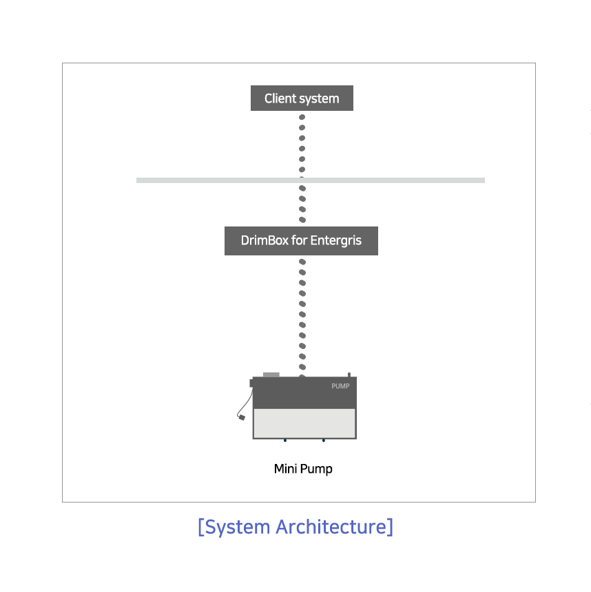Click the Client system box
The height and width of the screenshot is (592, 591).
click(302, 98)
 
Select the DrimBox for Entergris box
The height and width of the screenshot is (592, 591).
click(301, 241)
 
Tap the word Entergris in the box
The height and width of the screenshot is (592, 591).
click(336, 241)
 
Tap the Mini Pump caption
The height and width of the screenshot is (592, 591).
click(303, 469)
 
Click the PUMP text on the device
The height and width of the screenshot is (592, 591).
click(340, 386)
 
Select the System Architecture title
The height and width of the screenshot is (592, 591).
click(295, 527)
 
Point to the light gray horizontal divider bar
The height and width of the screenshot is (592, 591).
click(311, 180)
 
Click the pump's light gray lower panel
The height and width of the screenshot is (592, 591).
click(304, 423)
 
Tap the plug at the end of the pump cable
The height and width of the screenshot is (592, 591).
click(242, 417)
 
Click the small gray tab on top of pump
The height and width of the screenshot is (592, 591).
click(271, 374)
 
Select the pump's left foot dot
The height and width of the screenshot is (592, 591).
click(285, 441)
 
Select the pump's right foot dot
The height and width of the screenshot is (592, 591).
click(324, 441)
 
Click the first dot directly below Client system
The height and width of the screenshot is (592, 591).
click(302, 117)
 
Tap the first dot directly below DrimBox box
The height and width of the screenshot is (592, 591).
click(302, 262)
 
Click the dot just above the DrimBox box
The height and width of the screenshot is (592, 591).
click(302, 220)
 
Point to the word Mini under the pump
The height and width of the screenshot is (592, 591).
click(285, 469)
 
